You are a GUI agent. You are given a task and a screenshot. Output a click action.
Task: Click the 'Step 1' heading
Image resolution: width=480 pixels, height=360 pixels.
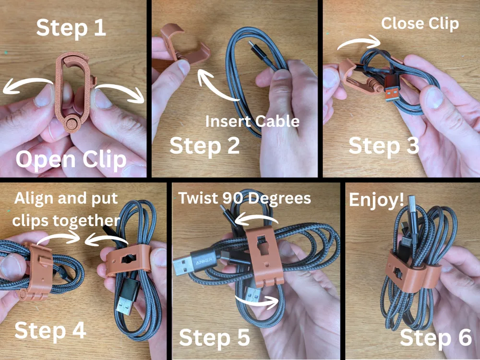tap(71, 28)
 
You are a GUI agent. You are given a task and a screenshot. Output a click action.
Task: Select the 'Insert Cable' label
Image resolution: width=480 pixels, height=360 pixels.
tap(252, 121)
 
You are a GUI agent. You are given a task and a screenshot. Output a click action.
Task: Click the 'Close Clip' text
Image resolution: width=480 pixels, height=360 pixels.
tap(420, 24)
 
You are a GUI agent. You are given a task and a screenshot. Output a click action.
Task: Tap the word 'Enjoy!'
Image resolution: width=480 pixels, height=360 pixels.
tap(376, 200)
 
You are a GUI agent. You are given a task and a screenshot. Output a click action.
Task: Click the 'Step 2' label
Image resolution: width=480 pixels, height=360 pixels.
tap(204, 145)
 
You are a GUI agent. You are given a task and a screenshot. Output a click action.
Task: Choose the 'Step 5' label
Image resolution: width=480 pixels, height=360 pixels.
tap(215, 337)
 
